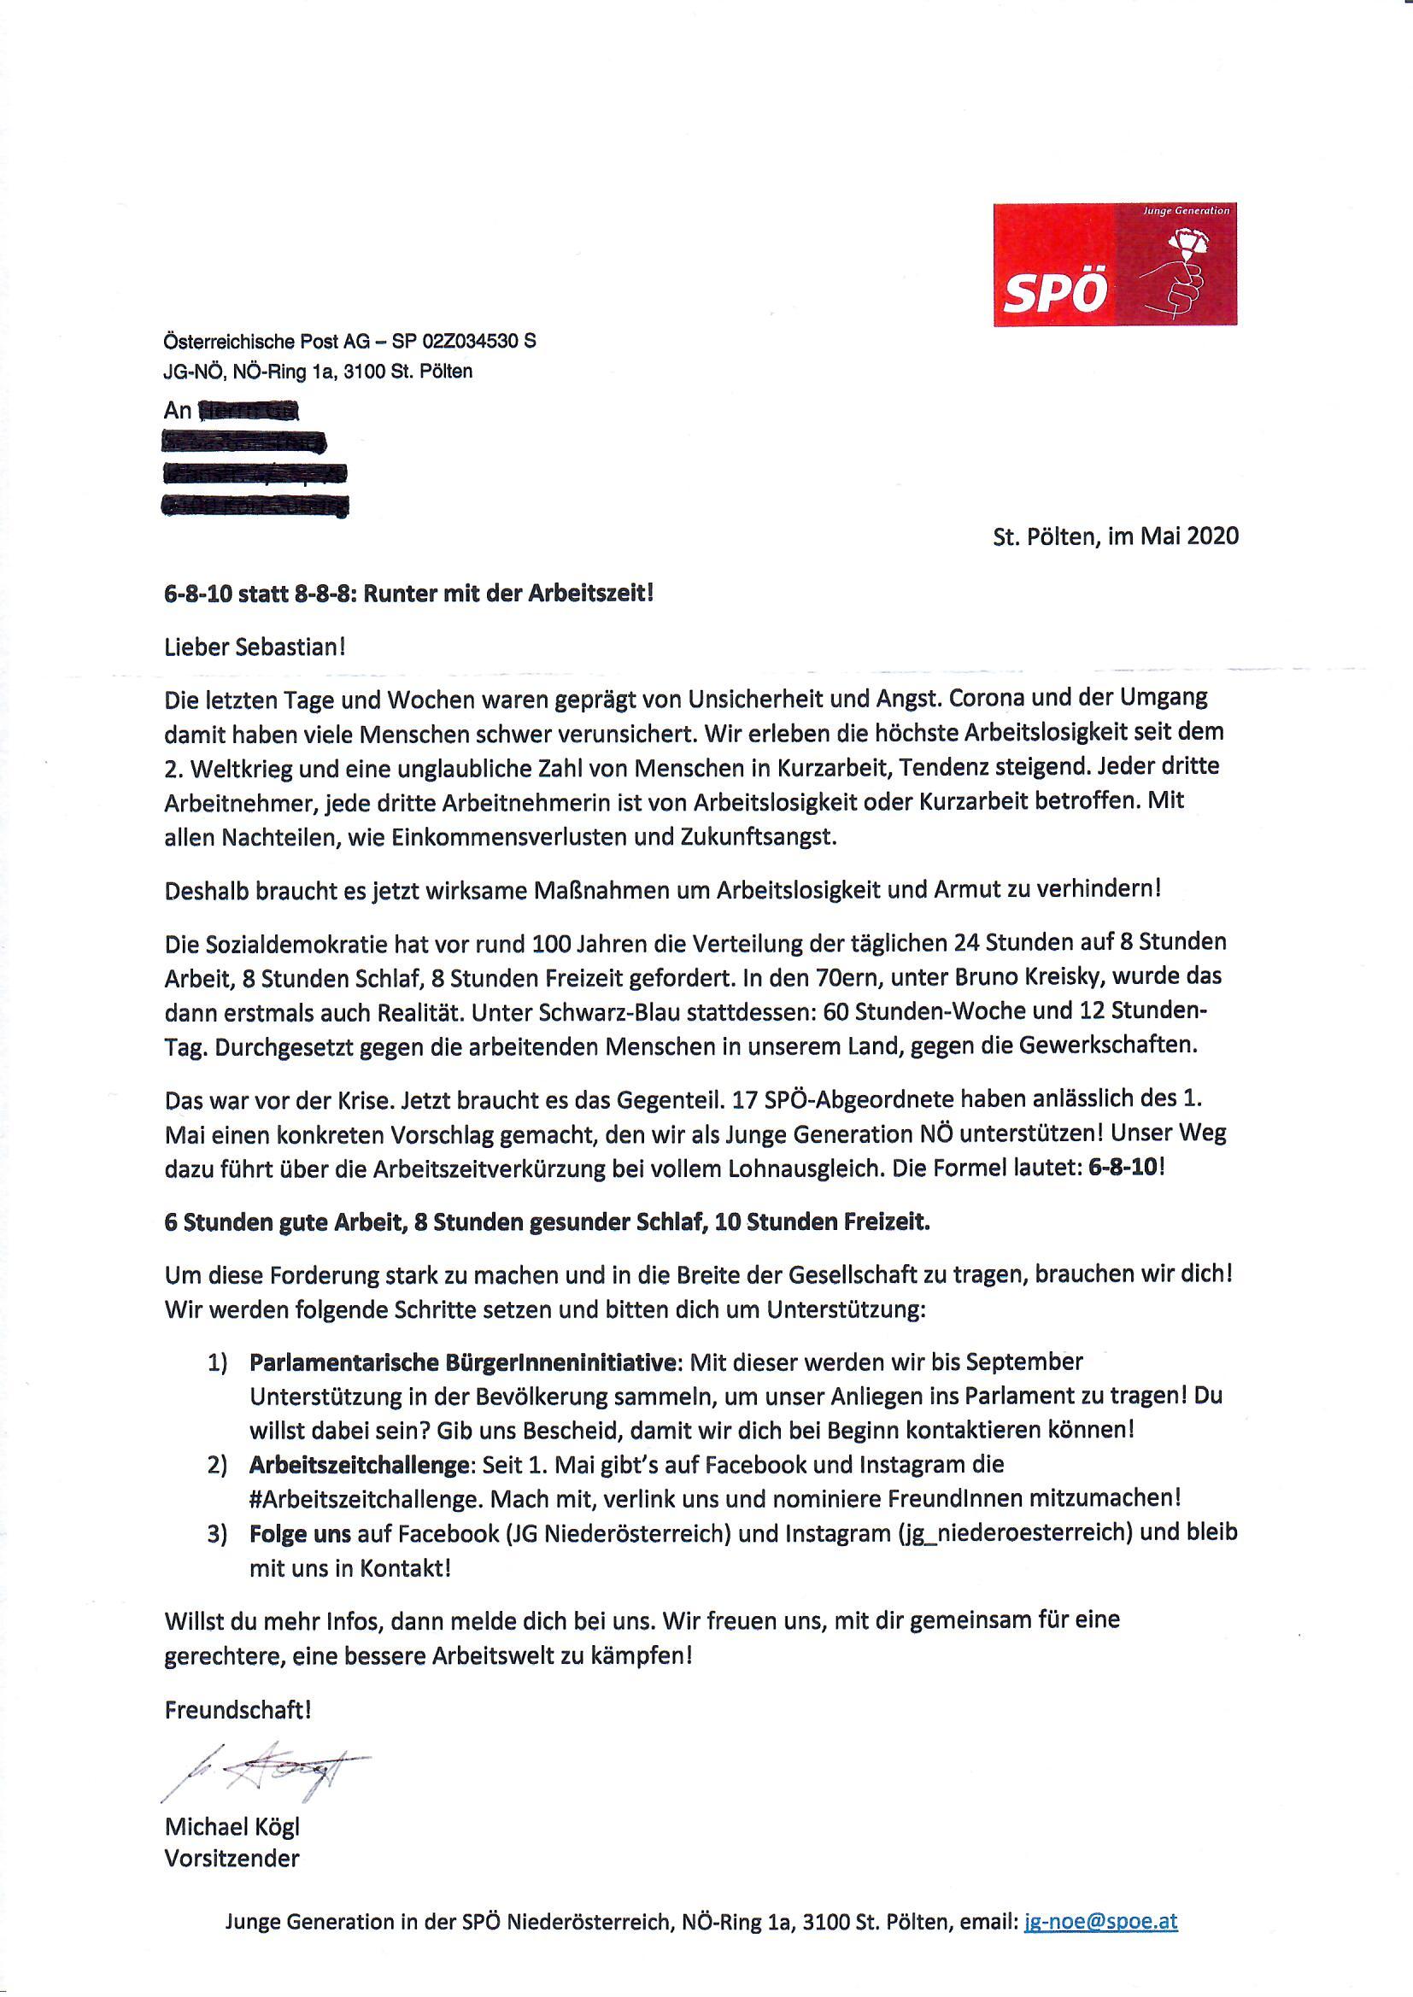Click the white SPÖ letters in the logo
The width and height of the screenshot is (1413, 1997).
[x=1054, y=293]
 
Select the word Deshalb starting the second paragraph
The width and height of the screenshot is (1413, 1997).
[x=205, y=889]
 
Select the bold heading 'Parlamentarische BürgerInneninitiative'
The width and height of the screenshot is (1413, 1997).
[x=461, y=1362]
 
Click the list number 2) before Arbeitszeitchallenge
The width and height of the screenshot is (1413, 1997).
[x=217, y=1466]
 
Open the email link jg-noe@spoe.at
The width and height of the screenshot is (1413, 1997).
[x=1100, y=1920]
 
